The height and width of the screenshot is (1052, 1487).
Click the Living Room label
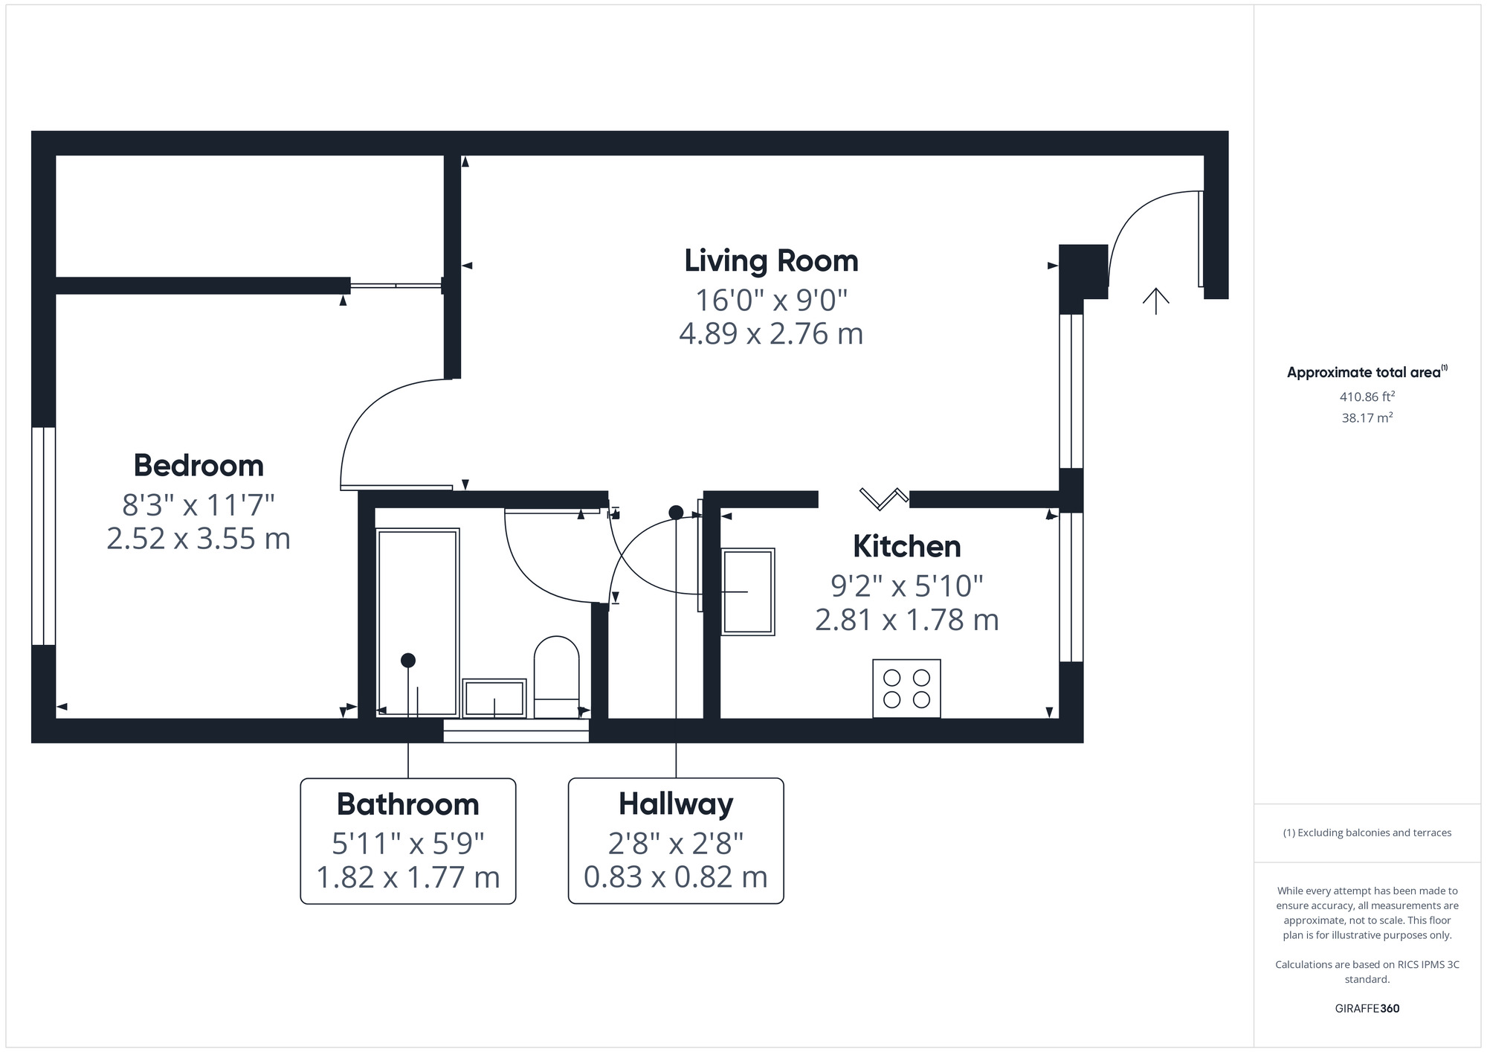pyautogui.click(x=771, y=261)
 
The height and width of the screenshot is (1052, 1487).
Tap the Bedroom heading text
pyautogui.click(x=199, y=466)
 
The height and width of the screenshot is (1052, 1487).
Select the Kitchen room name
pyautogui.click(x=906, y=547)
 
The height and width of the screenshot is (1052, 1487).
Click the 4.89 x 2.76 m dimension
pyautogui.click(x=771, y=333)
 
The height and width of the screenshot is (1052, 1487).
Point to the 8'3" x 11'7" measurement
pyautogui.click(x=199, y=505)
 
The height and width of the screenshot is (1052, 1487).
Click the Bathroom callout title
pyautogui.click(x=407, y=804)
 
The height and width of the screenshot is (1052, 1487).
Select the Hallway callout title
pyautogui.click(x=676, y=804)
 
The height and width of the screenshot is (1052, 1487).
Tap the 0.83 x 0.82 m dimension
pyautogui.click(x=676, y=877)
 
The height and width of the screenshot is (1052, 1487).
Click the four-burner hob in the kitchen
pyautogui.click(x=906, y=688)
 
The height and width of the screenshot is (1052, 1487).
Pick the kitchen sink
pyautogui.click(x=748, y=591)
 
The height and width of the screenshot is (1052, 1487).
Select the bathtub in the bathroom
pyautogui.click(x=417, y=622)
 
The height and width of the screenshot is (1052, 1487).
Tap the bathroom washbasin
pyautogui.click(x=494, y=698)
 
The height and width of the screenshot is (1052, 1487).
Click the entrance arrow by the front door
pyautogui.click(x=1155, y=301)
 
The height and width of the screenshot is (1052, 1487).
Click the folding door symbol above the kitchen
pyautogui.click(x=883, y=498)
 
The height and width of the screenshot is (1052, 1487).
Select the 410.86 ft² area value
pyautogui.click(x=1367, y=397)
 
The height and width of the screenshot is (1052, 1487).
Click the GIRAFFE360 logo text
pyautogui.click(x=1367, y=1009)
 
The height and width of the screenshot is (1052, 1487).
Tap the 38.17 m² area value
pyautogui.click(x=1367, y=418)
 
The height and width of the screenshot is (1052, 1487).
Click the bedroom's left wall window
pyautogui.click(x=44, y=536)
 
